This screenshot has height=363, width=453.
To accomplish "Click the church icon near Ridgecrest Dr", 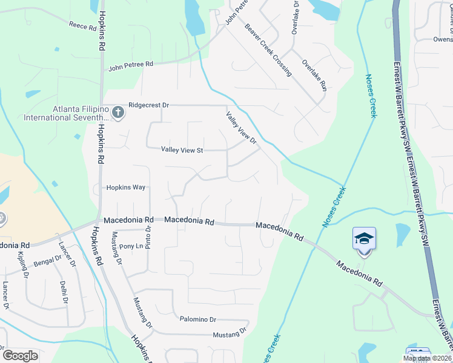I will click(x=118, y=112).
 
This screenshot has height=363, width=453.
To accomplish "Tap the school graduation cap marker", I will click(x=364, y=239).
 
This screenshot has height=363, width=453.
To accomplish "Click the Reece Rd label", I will click(x=83, y=25).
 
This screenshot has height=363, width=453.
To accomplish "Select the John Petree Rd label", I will click(x=131, y=65).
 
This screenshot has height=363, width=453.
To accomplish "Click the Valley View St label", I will click(x=182, y=150).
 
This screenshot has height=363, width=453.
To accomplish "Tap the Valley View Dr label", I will click(x=242, y=128).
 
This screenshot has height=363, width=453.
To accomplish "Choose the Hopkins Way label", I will click(x=127, y=188).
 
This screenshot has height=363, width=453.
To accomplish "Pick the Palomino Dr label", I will click(x=197, y=319).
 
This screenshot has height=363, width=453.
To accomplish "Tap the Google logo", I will click(x=20, y=356).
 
